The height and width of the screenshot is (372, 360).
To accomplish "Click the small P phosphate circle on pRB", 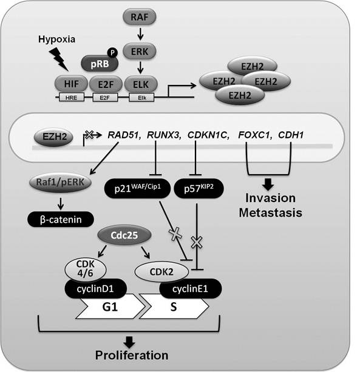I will click(x=112, y=53).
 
